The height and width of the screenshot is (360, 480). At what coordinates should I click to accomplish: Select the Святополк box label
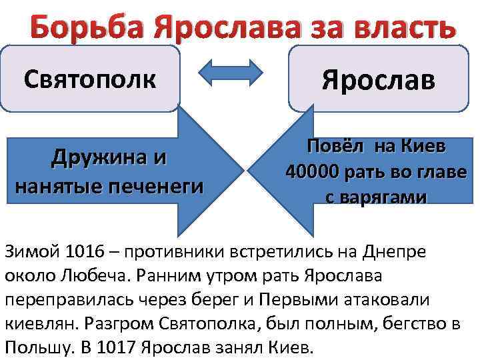tap(89, 80)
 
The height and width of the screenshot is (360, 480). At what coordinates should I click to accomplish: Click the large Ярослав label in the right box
tap(378, 81)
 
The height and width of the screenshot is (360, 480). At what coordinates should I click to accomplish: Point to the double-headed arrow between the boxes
tap(235, 73)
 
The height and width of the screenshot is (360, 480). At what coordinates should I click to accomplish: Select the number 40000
tap(313, 171)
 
